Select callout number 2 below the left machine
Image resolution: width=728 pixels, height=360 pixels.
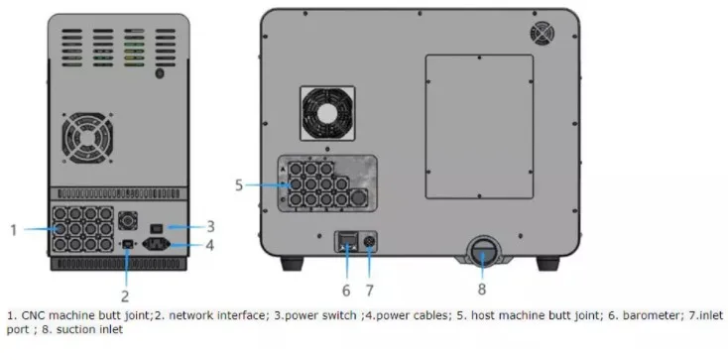pyautogui.click(x=125, y=295)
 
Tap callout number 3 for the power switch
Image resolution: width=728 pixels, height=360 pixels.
pyautogui.click(x=210, y=226)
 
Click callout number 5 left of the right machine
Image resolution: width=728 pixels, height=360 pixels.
pyautogui.click(x=239, y=184)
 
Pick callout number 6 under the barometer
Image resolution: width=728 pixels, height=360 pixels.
pyautogui.click(x=346, y=291)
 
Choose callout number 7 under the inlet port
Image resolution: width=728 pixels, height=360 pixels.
pyautogui.click(x=371, y=291)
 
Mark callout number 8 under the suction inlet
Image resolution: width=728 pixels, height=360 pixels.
pyautogui.click(x=481, y=291)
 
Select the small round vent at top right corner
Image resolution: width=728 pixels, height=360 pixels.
pyautogui.click(x=543, y=34)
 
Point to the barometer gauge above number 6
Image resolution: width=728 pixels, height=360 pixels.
pyautogui.click(x=347, y=242)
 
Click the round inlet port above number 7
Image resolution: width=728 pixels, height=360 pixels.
pyautogui.click(x=370, y=241)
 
